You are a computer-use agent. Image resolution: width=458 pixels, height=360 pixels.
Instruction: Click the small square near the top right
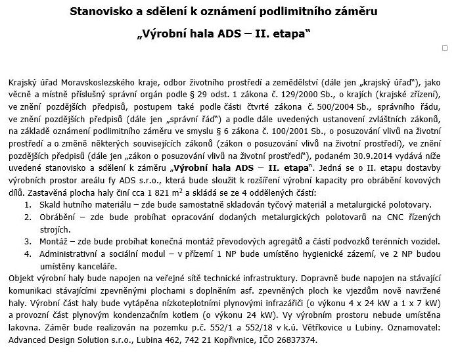coord(445,48)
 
